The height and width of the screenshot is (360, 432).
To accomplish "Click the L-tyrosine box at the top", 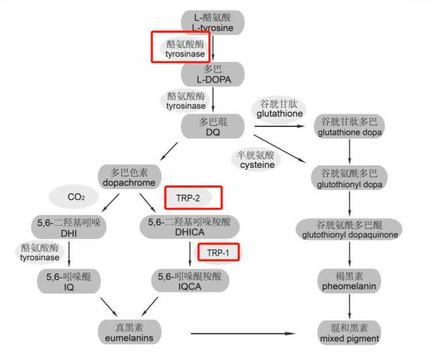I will tap(213, 22).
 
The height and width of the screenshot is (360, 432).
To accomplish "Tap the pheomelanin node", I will tap(349, 281).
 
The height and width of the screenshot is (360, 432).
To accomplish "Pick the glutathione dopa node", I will tap(349, 127).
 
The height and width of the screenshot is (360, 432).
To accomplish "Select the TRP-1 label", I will tap(219, 252).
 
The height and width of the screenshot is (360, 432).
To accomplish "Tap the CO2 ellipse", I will tap(76, 197).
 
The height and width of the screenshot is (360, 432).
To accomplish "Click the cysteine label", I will tap(257, 160).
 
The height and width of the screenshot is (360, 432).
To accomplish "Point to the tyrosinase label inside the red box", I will tap(185, 49).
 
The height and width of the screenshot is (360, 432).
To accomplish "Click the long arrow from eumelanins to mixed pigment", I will tap(247, 333).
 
